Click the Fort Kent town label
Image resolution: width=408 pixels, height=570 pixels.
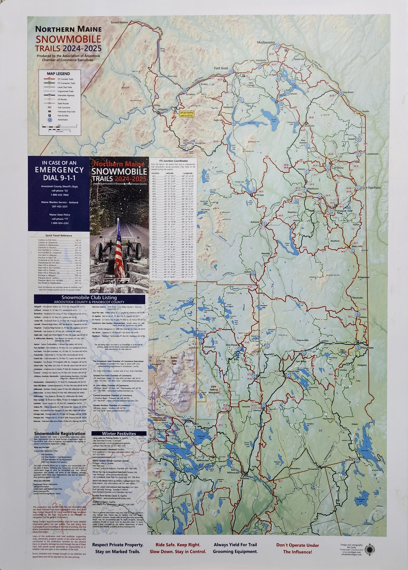[x=221, y=68]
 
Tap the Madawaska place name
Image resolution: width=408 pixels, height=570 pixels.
[x=266, y=43]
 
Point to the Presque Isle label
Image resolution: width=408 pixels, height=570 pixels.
[x=343, y=211]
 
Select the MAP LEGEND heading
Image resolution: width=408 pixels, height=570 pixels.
[x=58, y=74]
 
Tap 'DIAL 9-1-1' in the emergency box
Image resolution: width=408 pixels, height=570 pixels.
[x=59, y=178]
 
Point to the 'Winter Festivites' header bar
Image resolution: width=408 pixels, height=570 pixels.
[x=119, y=434]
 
